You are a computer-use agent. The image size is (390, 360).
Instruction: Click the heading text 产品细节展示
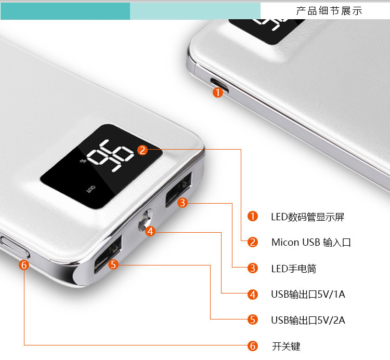(x=329, y=11)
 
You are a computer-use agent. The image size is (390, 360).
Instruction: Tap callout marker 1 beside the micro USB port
(x=218, y=92)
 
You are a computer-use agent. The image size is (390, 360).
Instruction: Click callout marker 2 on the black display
(x=142, y=150)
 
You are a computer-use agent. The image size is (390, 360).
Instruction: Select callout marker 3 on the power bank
(x=183, y=203)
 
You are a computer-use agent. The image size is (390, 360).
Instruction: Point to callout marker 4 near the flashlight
(x=150, y=231)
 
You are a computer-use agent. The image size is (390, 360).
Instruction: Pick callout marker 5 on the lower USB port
(x=113, y=264)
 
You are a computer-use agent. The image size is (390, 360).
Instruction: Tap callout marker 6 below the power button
(x=24, y=265)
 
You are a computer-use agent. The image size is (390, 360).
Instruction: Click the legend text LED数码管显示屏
(x=308, y=217)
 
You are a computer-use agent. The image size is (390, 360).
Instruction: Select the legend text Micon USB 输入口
(x=311, y=243)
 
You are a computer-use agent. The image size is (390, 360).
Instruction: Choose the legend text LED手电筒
(x=294, y=269)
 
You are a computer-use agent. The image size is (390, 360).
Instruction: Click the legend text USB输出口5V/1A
(x=308, y=295)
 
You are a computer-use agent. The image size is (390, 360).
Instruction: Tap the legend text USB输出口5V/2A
(x=308, y=320)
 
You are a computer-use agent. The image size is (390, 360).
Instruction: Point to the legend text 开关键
(x=287, y=346)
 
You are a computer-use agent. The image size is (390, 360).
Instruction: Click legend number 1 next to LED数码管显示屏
(x=252, y=216)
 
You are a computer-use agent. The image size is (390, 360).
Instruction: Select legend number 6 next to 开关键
(x=252, y=346)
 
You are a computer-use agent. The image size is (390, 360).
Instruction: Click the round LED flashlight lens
(x=145, y=220)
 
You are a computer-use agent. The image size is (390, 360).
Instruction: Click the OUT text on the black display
(x=90, y=189)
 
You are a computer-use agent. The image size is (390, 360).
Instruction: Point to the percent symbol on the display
(x=83, y=161)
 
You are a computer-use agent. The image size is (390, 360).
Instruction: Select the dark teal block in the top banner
(x=65, y=11)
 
